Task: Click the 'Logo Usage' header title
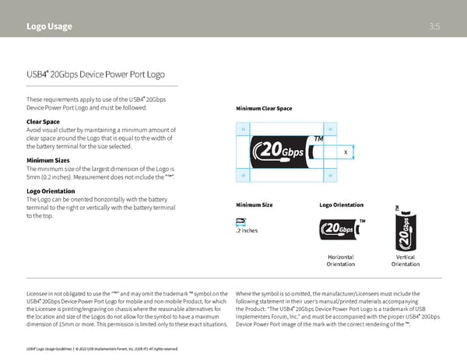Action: (x=49, y=26)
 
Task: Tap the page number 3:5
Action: (x=435, y=26)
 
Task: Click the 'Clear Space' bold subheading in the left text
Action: (x=43, y=121)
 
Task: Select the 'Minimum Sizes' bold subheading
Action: (x=48, y=160)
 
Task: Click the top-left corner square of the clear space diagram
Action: (x=243, y=129)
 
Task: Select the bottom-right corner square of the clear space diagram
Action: (x=332, y=176)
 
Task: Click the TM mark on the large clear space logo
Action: (x=318, y=139)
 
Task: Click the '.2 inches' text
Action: (x=247, y=231)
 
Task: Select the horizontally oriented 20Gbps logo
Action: (x=340, y=229)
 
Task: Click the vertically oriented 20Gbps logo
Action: (x=406, y=225)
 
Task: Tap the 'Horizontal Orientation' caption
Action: (x=341, y=260)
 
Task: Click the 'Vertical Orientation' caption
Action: (x=406, y=260)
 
